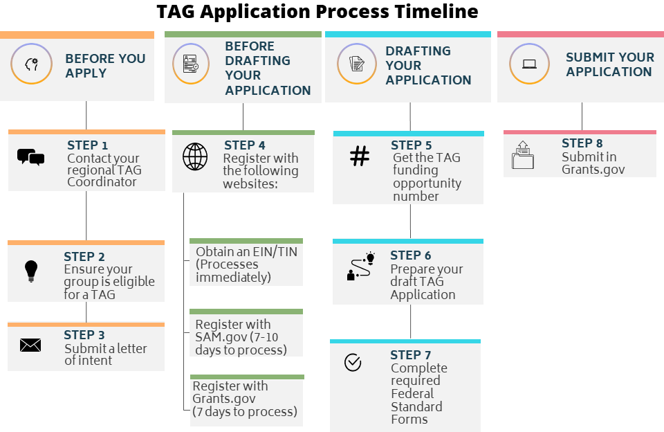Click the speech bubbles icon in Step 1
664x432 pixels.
[x=30, y=157]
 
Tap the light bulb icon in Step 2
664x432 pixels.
[x=30, y=271]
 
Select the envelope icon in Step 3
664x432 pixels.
[x=30, y=345]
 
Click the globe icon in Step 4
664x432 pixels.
[x=194, y=157]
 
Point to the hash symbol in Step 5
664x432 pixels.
[x=360, y=157]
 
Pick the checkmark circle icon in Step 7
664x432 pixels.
[x=353, y=362]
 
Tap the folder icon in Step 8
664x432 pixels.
[x=523, y=156]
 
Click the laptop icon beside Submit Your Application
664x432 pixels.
[x=530, y=64]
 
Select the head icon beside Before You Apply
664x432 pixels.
[x=31, y=64]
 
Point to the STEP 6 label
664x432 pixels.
[x=410, y=255]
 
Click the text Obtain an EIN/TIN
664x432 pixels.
[x=246, y=252]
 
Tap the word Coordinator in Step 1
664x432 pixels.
[x=102, y=182]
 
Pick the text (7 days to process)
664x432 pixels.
[x=245, y=412]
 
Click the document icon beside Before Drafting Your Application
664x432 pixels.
[x=191, y=64]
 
